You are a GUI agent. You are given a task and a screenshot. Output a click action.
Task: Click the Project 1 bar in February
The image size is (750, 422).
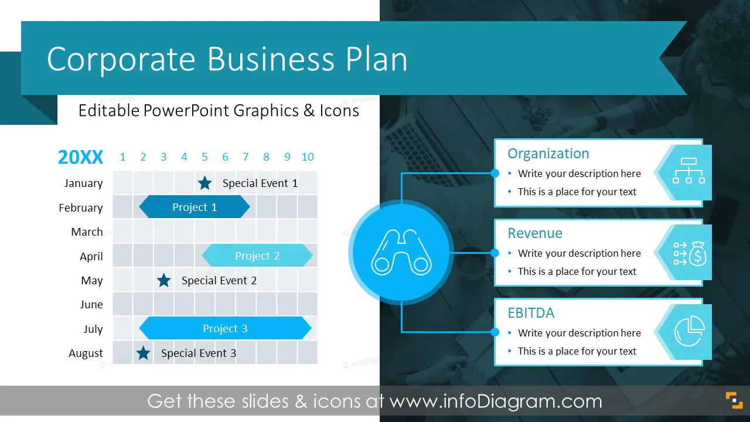[194, 207]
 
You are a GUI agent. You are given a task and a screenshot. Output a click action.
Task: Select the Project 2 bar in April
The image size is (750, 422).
[257, 256]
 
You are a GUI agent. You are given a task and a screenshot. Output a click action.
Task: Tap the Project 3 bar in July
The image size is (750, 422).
[225, 328]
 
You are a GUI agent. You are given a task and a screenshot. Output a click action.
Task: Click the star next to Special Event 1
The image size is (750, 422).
[204, 183]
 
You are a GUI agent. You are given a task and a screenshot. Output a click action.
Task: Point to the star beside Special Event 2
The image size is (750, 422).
[163, 280]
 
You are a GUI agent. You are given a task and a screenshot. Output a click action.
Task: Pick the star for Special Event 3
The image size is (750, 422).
[144, 353]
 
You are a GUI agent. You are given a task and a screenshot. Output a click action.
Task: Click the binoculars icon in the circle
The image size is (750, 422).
[401, 252]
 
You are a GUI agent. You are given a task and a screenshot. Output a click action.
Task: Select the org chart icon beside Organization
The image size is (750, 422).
[688, 171]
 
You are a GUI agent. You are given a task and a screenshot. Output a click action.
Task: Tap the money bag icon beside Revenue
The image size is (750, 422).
[690, 254]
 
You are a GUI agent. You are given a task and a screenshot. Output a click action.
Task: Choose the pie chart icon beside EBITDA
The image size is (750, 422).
[690, 331]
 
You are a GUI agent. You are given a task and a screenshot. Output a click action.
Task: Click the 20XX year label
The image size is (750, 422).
[80, 156]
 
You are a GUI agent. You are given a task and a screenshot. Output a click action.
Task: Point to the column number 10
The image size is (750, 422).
[308, 156]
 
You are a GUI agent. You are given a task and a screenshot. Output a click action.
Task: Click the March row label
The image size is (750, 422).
[87, 232]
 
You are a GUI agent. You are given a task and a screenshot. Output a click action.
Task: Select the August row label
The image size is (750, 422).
[86, 353]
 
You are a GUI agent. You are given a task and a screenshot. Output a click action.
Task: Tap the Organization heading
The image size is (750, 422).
[548, 154]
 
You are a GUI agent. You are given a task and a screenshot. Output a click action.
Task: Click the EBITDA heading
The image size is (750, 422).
[531, 313]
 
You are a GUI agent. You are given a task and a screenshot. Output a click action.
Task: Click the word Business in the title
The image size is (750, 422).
[271, 59]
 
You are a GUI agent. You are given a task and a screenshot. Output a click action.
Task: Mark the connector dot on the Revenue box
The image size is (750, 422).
[495, 253]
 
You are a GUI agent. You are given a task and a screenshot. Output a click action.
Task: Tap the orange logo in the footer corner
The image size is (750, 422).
[734, 400]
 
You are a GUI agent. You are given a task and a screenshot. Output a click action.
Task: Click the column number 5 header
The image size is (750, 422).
[204, 156]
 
